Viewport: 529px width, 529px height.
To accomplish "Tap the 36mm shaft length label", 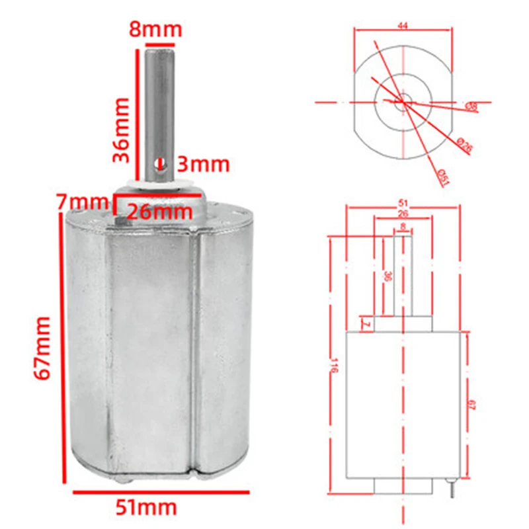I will coord(122,130).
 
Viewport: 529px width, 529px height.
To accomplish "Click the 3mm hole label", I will coord(204,163).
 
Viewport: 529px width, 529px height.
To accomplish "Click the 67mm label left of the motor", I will coord(42,348).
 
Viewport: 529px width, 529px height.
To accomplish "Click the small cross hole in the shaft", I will coord(158,162).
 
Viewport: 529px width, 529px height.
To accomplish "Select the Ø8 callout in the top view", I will coord(472,106).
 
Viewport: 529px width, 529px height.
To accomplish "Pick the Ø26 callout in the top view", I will coord(465,147).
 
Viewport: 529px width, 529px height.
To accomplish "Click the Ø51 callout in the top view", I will coord(442,176).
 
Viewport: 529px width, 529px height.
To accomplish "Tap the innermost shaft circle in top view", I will coord(403,101).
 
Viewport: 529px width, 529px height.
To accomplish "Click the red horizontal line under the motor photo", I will coord(161,492).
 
